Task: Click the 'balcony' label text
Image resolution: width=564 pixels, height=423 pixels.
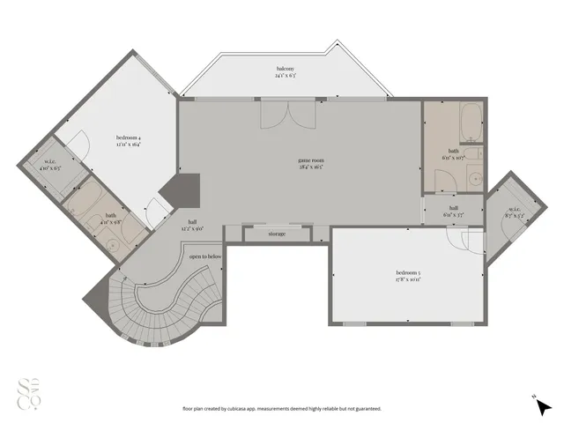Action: coord(284,69)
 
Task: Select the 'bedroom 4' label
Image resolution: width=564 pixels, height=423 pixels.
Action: coord(128,137)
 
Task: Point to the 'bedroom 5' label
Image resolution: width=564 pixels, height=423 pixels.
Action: coord(407,275)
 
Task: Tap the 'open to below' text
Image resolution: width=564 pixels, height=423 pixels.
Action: coord(204,256)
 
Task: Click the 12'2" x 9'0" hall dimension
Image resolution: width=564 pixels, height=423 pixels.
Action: coord(193,228)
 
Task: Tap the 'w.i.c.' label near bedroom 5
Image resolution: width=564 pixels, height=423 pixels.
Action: coord(508,210)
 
